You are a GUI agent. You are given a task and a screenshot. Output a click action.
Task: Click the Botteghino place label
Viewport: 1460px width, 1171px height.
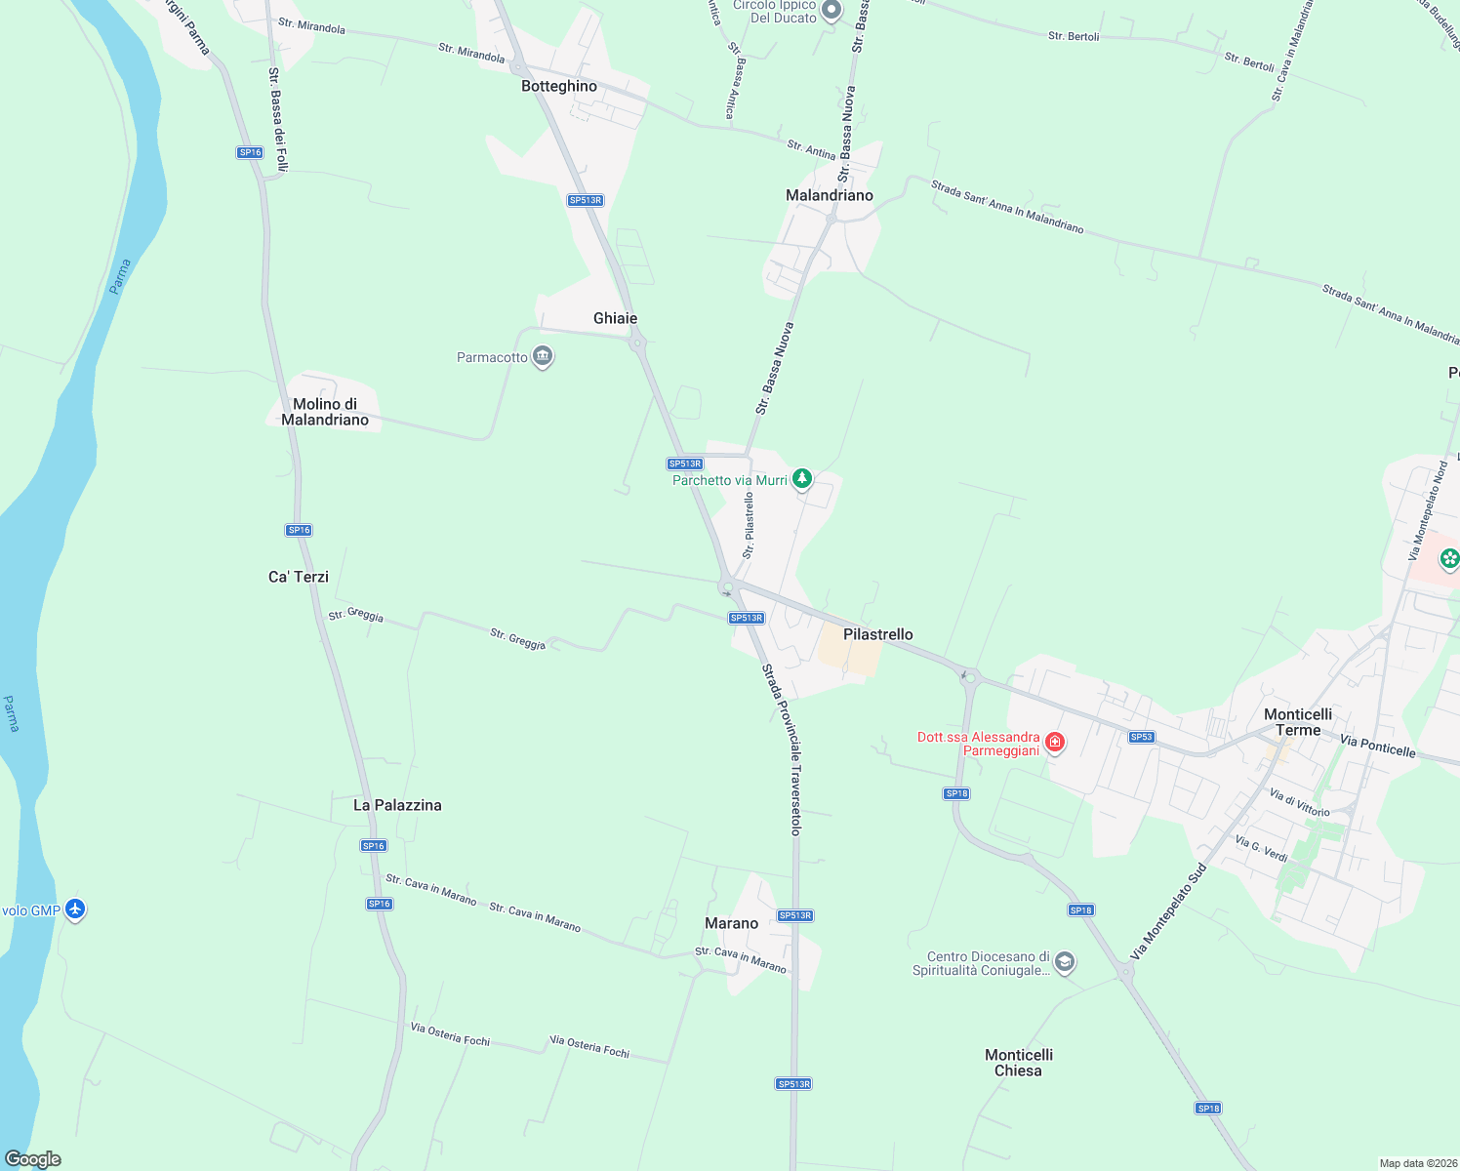(558, 86)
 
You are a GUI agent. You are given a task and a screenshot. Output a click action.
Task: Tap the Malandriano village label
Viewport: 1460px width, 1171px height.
(829, 195)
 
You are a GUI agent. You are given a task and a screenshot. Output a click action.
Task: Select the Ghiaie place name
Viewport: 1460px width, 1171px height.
(615, 318)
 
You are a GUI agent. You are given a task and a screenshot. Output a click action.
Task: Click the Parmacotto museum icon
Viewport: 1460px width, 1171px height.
(543, 357)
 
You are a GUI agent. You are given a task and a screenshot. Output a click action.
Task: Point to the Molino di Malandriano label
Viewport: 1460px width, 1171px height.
(325, 412)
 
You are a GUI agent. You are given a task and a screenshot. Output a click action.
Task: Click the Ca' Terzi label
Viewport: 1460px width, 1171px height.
(299, 577)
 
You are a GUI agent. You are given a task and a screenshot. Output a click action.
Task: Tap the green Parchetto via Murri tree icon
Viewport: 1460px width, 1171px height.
(802, 479)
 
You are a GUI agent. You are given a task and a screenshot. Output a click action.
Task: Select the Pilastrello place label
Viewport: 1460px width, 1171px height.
(877, 634)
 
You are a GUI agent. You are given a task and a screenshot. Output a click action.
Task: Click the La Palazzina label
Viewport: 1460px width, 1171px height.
(397, 805)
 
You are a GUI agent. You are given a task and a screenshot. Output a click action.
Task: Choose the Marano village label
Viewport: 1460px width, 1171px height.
(731, 923)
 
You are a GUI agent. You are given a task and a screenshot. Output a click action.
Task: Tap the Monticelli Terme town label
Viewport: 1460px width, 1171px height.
(1298, 722)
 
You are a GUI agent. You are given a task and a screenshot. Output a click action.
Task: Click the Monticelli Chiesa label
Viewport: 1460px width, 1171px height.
(1018, 1063)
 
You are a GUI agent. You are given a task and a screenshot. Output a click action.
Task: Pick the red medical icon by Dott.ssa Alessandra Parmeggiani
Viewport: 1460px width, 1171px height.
(1054, 744)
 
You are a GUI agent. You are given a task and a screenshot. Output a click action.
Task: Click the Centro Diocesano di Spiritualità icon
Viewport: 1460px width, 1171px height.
(1065, 963)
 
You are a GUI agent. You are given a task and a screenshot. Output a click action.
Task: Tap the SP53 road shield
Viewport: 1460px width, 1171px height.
(1141, 737)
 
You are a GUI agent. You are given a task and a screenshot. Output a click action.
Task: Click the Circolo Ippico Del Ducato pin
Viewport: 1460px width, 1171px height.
(831, 11)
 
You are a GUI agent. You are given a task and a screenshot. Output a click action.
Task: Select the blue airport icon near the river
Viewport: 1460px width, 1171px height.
(75, 910)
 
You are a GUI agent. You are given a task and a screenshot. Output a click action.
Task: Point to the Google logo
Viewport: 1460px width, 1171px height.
(32, 1159)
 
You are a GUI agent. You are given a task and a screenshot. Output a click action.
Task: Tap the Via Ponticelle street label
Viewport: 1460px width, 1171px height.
(1377, 747)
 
